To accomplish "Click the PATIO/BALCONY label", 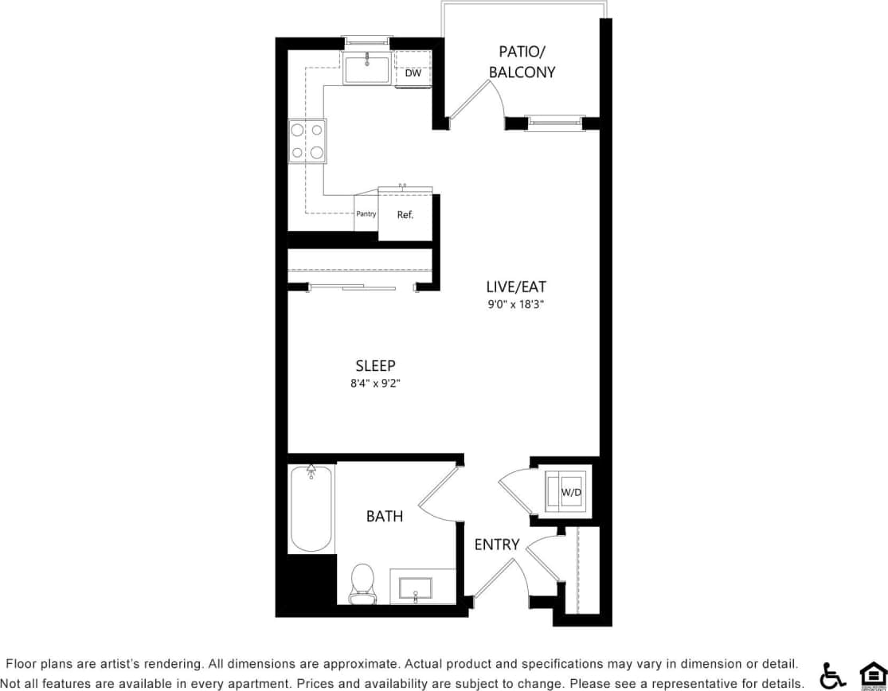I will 522,61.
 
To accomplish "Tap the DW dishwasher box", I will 413,73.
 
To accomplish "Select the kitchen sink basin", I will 367,68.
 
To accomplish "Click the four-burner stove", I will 307,141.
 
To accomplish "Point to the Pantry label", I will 366,214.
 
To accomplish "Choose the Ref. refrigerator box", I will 405,215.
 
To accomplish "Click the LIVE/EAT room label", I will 516,287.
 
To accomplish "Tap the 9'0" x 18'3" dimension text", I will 516,304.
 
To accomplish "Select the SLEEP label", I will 375,365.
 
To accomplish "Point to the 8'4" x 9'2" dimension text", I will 375,383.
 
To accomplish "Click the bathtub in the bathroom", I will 311,509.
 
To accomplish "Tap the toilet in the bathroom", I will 362,583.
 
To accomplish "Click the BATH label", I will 385,517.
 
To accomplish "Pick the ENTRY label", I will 497,545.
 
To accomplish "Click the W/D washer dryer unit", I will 566,492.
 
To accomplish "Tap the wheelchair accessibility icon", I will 832,675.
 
